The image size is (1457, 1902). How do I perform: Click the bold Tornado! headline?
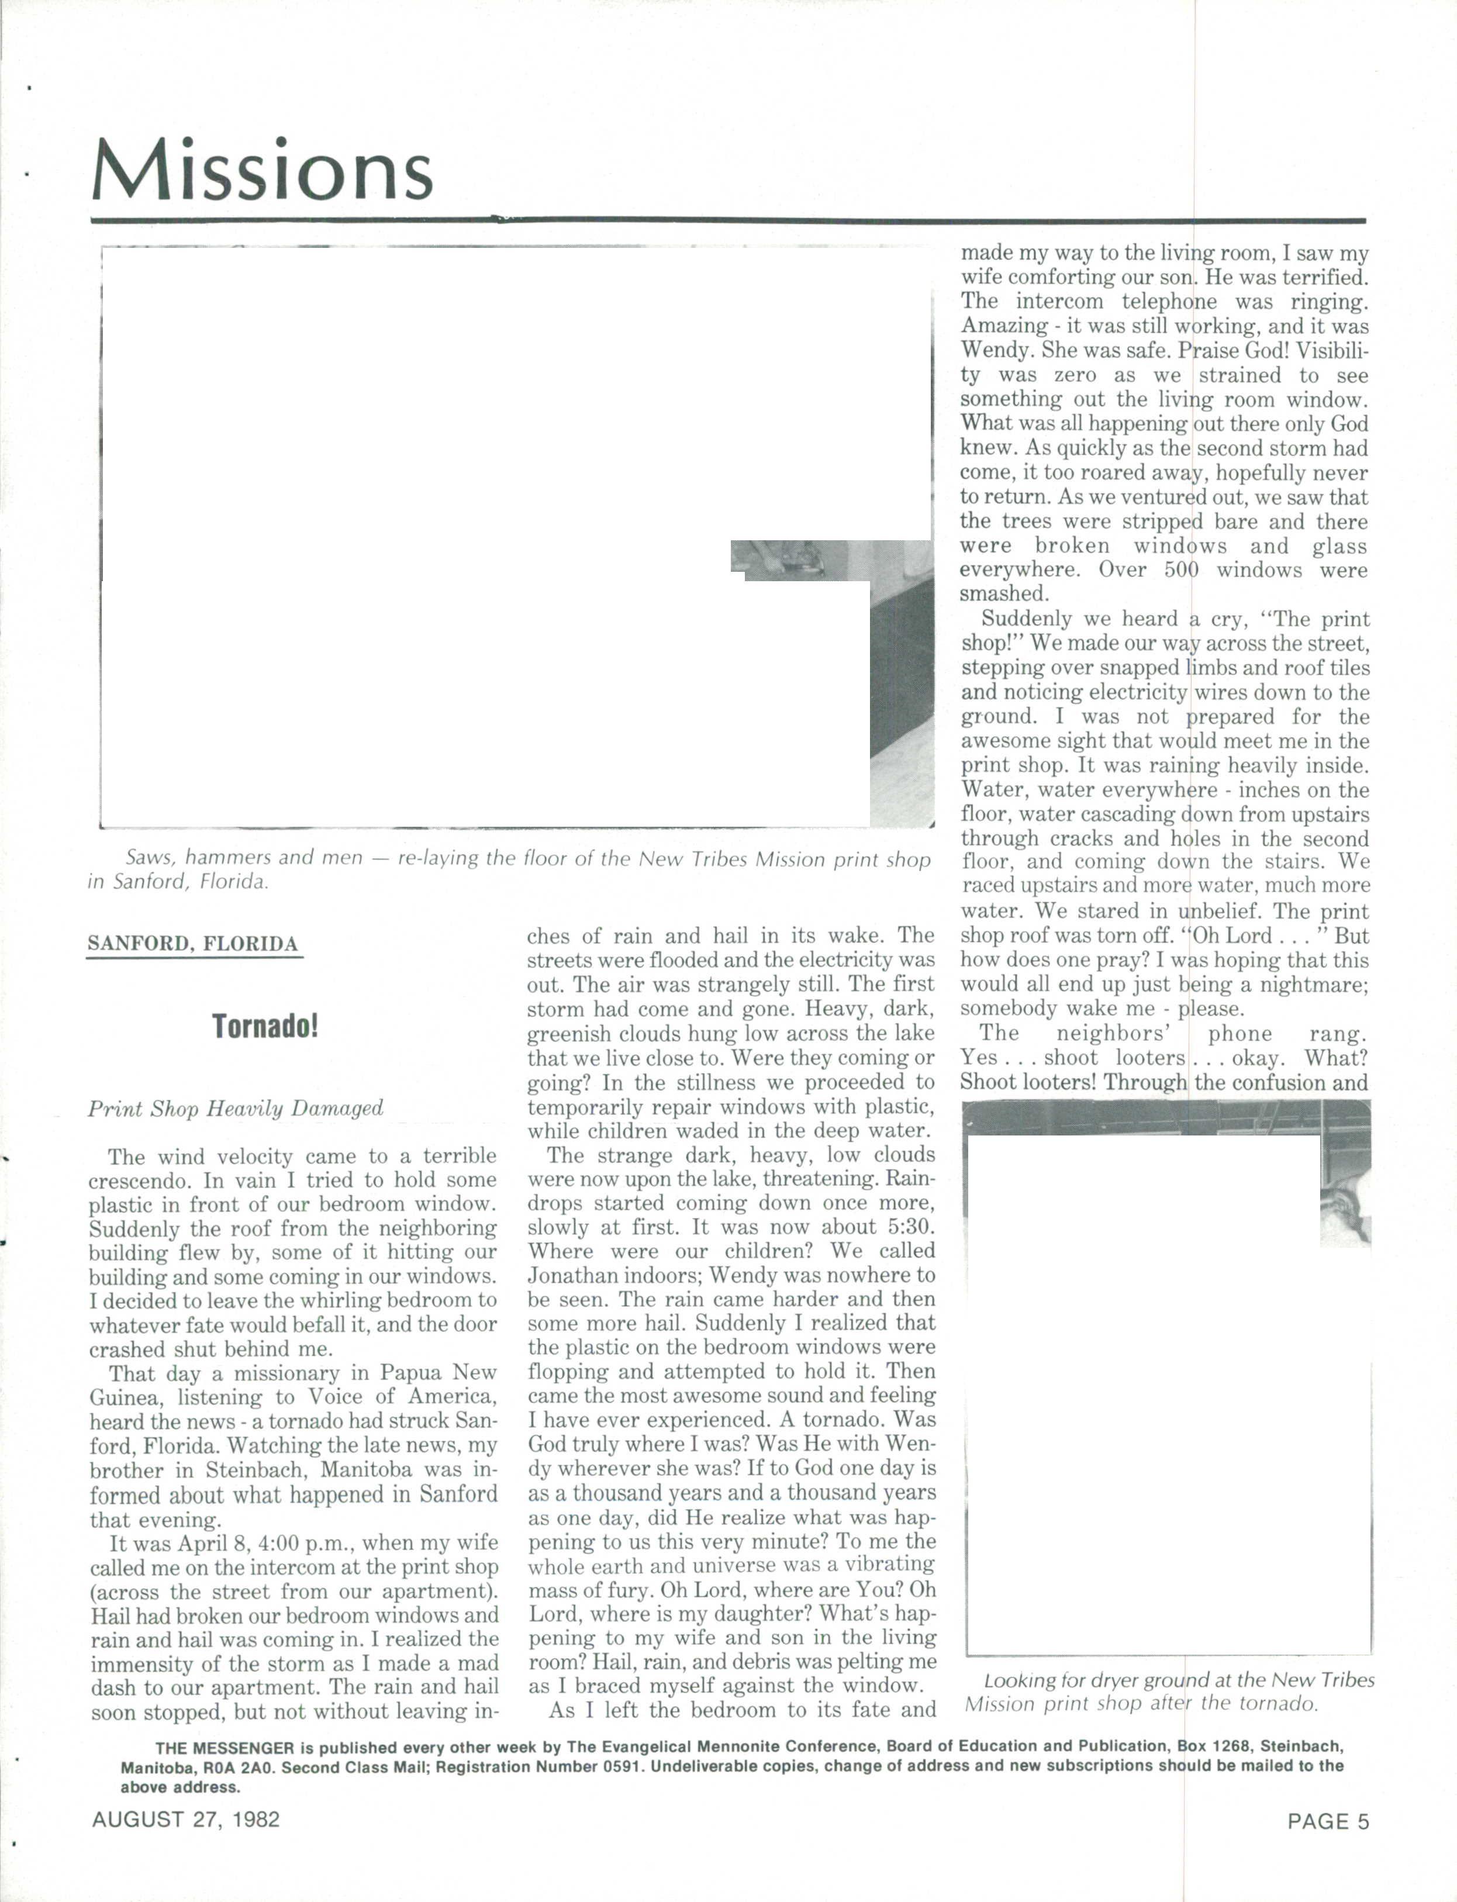tap(265, 1027)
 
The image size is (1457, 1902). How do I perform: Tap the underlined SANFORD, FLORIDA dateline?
tap(194, 944)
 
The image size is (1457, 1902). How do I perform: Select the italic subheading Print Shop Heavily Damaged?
tap(235, 1109)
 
